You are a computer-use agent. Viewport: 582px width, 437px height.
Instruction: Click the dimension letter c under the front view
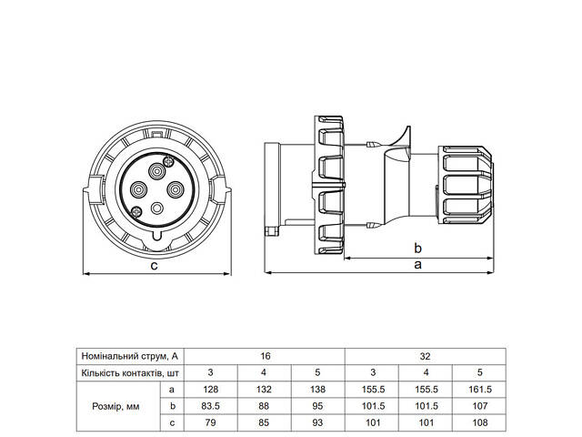coord(155,266)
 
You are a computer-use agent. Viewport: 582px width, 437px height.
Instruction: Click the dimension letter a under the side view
coord(417,265)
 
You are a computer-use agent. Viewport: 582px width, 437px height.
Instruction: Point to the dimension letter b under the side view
coord(417,248)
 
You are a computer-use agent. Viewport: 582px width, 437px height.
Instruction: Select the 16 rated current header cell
coord(265,355)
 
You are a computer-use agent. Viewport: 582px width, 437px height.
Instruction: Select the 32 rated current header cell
coord(426,355)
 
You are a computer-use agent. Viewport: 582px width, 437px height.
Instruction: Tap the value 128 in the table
coord(211,390)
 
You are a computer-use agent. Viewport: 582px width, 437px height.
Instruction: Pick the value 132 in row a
coord(265,390)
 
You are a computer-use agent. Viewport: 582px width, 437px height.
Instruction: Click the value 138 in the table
coord(317,390)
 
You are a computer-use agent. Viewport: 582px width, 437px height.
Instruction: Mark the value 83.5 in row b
coord(211,407)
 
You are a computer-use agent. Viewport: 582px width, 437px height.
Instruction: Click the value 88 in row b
coord(265,407)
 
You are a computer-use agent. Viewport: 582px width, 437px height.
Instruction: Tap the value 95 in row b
coord(317,407)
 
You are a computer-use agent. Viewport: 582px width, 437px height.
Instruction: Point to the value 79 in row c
coord(211,423)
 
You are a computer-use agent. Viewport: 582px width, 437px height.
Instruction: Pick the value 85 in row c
coord(265,423)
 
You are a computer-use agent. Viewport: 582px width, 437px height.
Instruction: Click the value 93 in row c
coord(317,423)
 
